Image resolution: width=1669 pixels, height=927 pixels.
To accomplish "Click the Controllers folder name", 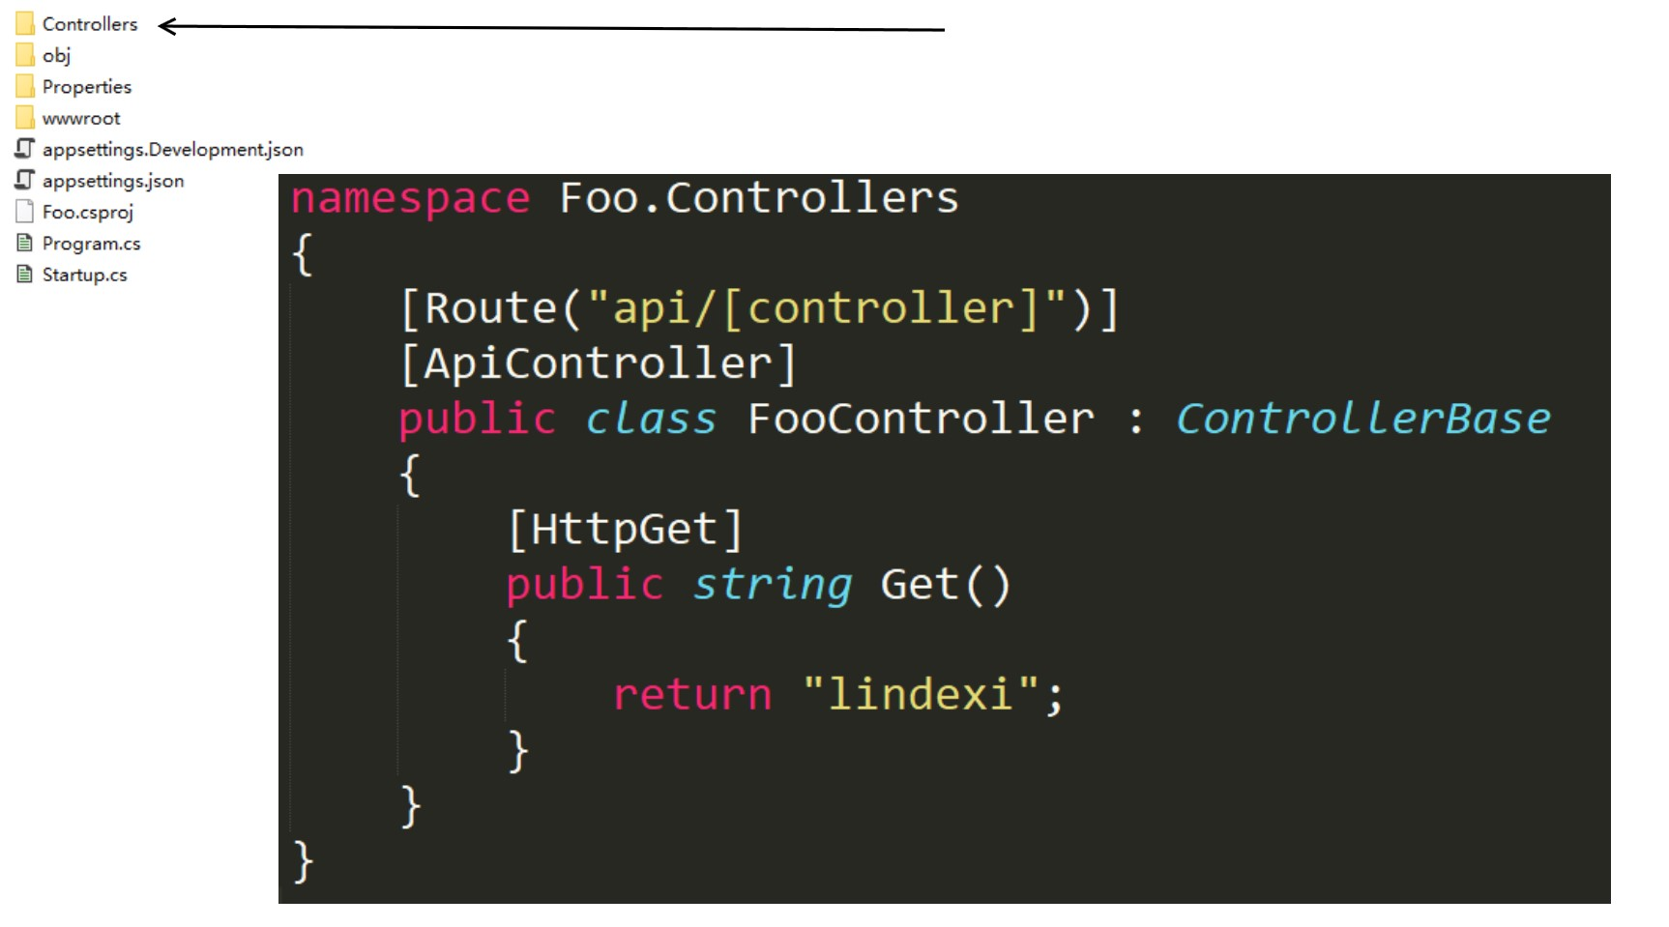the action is (89, 24).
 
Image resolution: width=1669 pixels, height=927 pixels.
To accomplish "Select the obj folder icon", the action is (25, 55).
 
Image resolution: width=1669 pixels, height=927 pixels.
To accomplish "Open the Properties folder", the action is (86, 87).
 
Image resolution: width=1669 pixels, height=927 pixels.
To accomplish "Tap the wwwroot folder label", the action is (81, 119).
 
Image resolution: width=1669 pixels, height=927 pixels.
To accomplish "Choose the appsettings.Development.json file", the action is (172, 150).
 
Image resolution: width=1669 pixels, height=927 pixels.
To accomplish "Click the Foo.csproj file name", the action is (87, 213).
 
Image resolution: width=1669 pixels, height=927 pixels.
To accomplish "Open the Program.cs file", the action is (91, 244).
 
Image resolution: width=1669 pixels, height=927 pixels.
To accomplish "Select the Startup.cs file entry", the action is (84, 275).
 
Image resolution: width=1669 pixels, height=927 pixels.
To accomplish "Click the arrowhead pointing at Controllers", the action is (166, 26).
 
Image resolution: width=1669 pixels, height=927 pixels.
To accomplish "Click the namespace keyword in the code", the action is (410, 198).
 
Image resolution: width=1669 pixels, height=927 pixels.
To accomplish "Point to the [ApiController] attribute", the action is (599, 363).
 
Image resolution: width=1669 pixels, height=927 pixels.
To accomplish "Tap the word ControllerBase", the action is (1362, 419).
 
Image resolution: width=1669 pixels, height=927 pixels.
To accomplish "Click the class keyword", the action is (651, 419).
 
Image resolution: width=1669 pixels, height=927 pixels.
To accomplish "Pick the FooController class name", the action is (920, 419).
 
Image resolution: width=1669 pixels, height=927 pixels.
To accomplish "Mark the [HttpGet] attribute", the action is (625, 530).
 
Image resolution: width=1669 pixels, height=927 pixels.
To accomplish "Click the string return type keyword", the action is (772, 585).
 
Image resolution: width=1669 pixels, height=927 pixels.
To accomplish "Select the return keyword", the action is (692, 695).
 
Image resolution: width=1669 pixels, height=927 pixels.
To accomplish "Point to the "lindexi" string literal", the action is (921, 695).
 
